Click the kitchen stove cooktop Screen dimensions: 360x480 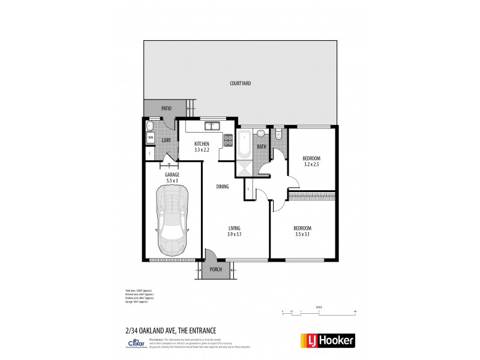pyautogui.click(x=228, y=140)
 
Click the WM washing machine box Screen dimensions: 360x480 pyautogui.click(x=150, y=137)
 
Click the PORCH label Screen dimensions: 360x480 pyautogui.click(x=215, y=269)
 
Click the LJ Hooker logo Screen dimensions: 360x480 pyautogui.click(x=326, y=340)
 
